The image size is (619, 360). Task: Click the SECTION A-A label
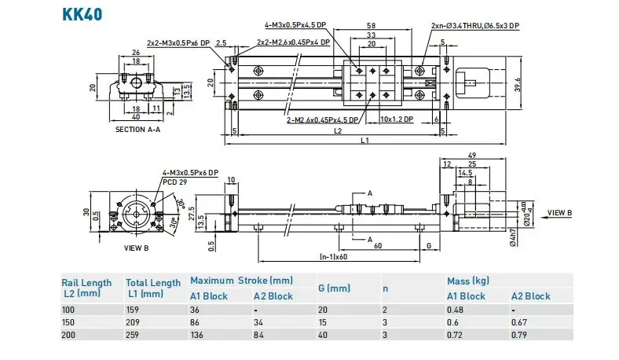coord(137,129)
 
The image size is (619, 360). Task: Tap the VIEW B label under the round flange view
coord(136,248)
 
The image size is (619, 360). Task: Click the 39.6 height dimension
coord(517,83)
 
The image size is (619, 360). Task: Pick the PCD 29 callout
coord(174,180)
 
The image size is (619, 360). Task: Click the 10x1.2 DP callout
coord(397,119)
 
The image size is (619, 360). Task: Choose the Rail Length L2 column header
coord(86,288)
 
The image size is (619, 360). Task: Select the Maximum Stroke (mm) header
coord(241,281)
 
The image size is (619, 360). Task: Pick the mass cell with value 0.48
coord(456,310)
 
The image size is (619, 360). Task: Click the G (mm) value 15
coord(322,323)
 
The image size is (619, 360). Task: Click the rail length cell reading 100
coord(69,310)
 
